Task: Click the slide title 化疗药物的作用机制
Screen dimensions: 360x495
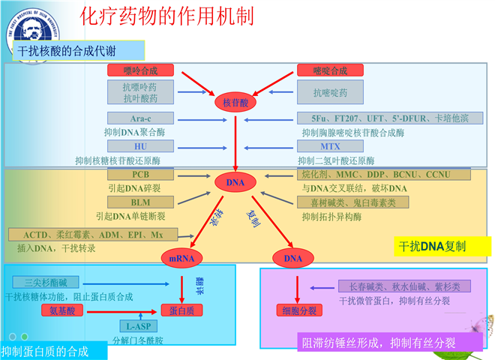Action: point(166,17)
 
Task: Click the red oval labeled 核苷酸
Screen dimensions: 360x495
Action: point(235,102)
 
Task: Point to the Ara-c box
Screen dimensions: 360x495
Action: point(140,118)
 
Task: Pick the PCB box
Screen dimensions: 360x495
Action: point(140,175)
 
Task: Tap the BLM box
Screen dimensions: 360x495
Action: point(140,202)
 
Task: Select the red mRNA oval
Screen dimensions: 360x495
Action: point(181,259)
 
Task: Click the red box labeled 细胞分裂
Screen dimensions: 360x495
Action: point(298,310)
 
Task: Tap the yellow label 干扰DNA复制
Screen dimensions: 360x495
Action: point(432,246)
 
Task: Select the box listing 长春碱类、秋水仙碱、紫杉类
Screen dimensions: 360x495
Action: point(405,286)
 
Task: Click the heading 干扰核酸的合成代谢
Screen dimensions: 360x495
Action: point(78,50)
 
